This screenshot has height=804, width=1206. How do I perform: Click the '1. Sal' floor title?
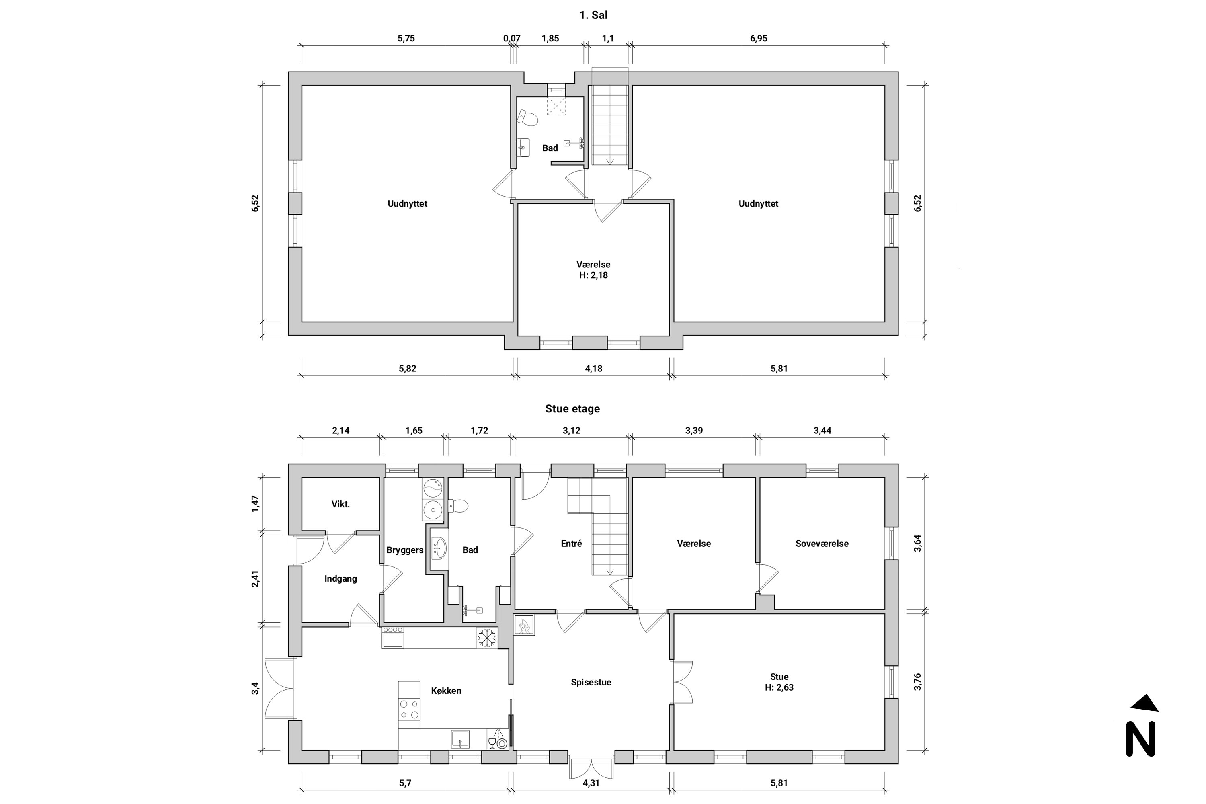coord(593,15)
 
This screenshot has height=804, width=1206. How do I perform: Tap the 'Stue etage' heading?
coord(572,409)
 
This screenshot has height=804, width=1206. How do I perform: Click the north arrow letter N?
coord(1141,739)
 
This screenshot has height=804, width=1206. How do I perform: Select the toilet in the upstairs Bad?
coord(527,118)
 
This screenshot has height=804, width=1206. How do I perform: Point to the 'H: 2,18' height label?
coord(593,275)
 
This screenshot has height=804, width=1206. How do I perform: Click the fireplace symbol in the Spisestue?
coord(524,625)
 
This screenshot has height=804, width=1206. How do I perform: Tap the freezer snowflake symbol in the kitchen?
coord(486,638)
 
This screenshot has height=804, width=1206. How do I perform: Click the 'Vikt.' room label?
coord(340,504)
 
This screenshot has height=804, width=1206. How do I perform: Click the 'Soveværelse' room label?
coord(822,544)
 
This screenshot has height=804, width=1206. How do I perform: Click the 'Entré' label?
coord(571,544)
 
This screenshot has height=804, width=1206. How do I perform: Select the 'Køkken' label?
coord(446,691)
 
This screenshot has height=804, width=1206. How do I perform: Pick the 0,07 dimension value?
coord(512,39)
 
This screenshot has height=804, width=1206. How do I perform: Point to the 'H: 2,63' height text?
coord(779,687)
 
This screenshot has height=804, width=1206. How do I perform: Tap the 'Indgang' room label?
coord(340,579)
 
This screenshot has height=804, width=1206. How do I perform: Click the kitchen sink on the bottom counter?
coord(460,739)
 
